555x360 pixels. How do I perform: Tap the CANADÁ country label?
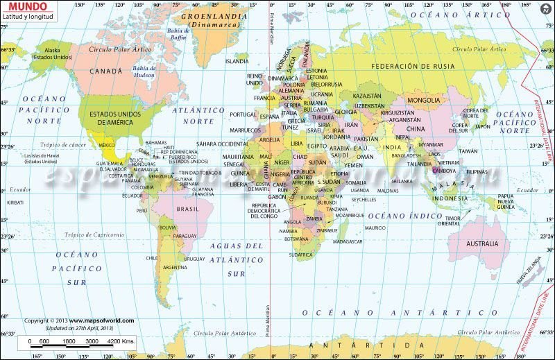[106, 71]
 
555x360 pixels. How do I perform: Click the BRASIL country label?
[188, 208]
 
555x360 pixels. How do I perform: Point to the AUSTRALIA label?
[481, 243]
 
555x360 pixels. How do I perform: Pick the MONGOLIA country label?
[423, 100]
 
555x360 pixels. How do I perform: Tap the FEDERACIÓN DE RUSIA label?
[413, 66]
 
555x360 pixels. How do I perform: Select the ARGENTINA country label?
[174, 267]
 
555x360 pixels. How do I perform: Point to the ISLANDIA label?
[237, 61]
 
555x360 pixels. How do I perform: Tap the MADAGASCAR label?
[348, 241]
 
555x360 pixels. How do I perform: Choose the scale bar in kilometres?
[81, 342]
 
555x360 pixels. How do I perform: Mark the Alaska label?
[52, 50]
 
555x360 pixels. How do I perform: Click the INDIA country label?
[393, 147]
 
